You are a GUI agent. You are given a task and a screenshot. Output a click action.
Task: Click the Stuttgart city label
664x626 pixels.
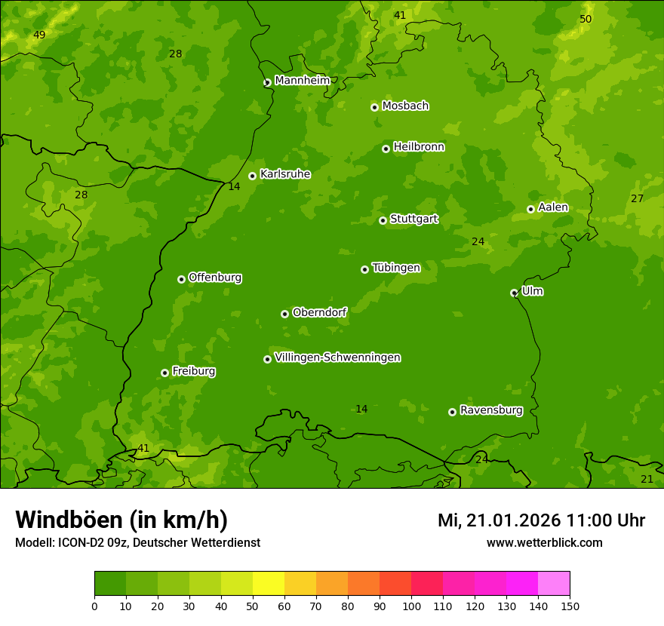coord(413,219)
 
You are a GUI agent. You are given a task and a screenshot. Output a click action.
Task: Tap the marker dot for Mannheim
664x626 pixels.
coord(267,83)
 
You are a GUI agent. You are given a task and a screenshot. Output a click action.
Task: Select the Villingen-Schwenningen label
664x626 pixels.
coord(337,357)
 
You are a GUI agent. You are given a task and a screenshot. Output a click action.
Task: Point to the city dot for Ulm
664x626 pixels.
coord(514,293)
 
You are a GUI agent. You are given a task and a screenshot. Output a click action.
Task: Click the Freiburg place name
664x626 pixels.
coord(193,371)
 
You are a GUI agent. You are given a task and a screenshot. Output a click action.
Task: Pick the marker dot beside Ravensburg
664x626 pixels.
coord(453,412)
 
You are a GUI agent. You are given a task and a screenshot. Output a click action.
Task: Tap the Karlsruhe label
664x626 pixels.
coord(284,174)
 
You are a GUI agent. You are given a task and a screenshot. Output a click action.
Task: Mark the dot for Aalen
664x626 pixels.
coord(530,209)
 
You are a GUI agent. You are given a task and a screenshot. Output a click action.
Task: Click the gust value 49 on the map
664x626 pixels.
coord(39,35)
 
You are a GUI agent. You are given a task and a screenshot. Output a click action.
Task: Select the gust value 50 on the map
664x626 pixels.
coord(586,19)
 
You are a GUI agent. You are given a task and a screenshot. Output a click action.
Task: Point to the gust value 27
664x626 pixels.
coord(637,198)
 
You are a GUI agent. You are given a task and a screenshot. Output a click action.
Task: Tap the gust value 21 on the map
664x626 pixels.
coord(647,479)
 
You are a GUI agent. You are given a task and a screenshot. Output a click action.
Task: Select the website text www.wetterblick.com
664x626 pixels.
coord(544,542)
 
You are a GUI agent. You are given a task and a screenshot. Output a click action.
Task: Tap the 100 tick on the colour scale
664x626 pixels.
coord(411,606)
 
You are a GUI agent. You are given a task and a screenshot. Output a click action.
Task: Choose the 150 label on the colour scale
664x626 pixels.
coord(570,606)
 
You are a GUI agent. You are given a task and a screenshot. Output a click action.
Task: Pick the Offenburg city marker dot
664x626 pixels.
coord(181,279)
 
